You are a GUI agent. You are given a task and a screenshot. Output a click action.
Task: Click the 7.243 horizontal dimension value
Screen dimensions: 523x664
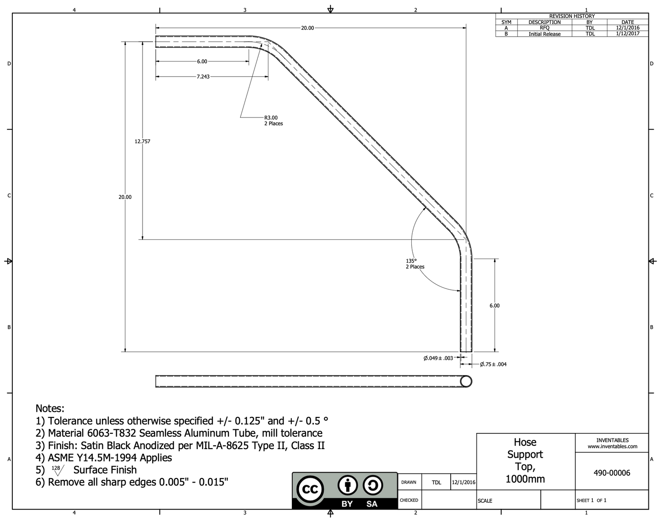tap(203, 77)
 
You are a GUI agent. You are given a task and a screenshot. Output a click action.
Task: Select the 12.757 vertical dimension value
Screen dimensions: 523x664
tap(142, 141)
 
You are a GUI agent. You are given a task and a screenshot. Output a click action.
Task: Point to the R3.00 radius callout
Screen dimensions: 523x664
tap(271, 118)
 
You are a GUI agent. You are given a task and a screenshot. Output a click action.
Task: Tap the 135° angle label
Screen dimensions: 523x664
tap(411, 261)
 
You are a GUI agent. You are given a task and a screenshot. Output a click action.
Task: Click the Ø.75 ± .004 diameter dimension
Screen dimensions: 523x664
tap(493, 364)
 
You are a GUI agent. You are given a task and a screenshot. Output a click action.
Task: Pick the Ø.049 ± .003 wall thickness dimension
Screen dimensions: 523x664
tap(438, 358)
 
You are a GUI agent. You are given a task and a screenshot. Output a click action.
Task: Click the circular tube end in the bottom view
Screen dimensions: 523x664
tap(465, 381)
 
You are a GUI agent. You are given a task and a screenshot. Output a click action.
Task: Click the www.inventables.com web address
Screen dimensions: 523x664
tap(612, 446)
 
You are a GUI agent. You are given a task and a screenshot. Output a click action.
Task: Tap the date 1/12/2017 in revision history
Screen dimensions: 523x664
tap(627, 34)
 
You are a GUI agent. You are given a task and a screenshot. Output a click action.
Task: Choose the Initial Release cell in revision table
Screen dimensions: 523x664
tap(544, 34)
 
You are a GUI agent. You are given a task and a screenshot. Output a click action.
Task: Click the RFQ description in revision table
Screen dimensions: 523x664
tap(544, 28)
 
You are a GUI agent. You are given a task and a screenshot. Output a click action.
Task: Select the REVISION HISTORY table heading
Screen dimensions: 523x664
tap(572, 16)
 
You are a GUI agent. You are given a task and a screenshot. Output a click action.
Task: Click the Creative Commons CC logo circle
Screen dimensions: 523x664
tap(310, 490)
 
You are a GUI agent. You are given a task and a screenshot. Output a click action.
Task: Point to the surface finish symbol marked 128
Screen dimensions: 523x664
tap(57, 470)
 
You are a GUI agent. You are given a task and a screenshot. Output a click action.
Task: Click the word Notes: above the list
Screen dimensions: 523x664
tap(50, 408)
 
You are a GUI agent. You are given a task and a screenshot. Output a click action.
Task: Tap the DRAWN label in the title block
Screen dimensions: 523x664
tap(409, 482)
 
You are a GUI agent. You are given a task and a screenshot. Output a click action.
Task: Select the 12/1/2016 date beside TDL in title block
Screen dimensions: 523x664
tap(464, 482)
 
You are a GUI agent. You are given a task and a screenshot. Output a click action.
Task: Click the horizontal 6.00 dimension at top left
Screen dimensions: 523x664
tap(202, 62)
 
